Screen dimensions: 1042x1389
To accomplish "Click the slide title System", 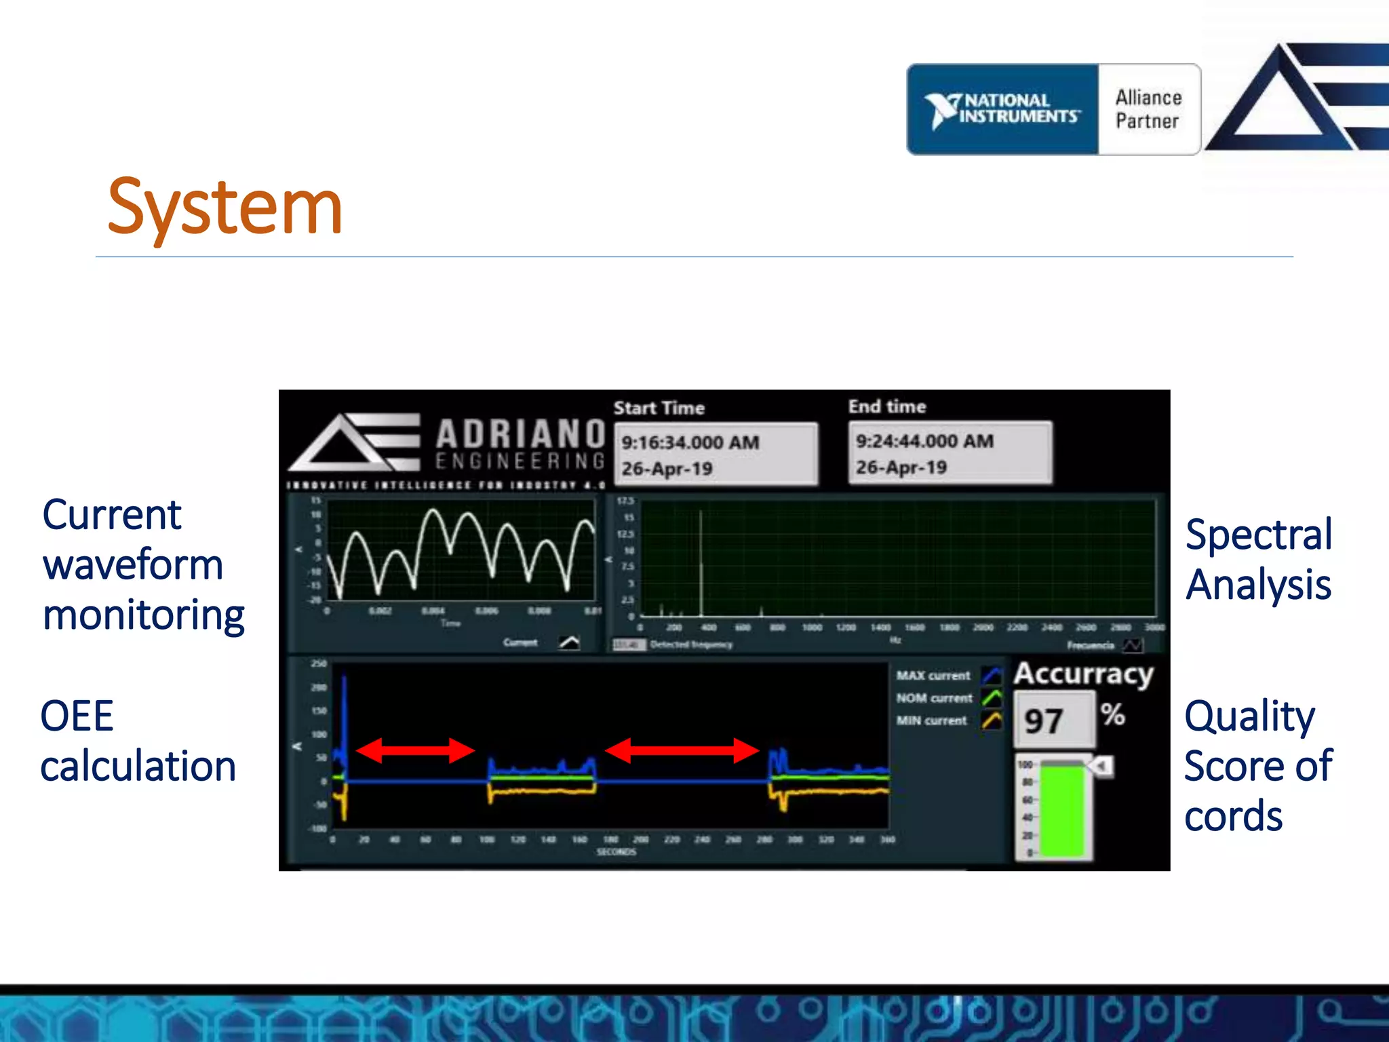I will click(224, 207).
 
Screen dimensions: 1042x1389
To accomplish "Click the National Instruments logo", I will click(1002, 109).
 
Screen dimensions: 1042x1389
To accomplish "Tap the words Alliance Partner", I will click(1148, 109).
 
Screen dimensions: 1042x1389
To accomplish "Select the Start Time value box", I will click(716, 455).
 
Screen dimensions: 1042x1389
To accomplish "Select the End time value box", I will click(950, 453).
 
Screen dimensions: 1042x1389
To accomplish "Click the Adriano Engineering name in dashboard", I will click(520, 444).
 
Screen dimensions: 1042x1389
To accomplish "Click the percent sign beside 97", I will click(1112, 714).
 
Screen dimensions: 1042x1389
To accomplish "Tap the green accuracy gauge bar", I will click(1062, 811).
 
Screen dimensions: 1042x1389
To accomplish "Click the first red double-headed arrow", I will click(415, 750).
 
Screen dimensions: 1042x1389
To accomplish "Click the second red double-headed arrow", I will click(681, 750).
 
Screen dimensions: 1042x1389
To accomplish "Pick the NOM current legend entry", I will click(935, 698).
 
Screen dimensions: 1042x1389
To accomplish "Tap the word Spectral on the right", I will click(1259, 535).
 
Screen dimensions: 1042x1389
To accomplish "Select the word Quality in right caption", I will click(1249, 716).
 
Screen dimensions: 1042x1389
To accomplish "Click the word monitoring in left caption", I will click(144, 615).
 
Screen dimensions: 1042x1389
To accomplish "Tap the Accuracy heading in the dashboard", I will click(1083, 674).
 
